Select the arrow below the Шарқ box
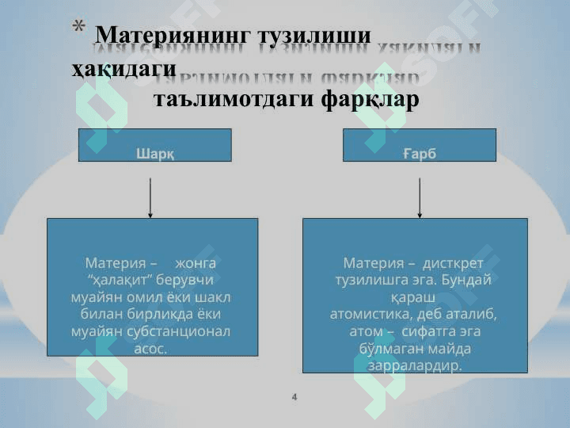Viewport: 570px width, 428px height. (150, 197)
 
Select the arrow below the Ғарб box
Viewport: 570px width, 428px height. (420, 197)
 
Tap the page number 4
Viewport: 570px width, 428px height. (294, 396)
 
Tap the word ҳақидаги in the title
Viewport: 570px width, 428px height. (123, 68)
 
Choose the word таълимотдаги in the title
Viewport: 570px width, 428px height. (233, 101)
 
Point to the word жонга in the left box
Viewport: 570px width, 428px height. (195, 262)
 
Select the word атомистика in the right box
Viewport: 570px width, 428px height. (370, 314)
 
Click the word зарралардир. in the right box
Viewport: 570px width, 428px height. (415, 366)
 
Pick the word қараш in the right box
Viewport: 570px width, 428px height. (413, 296)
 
